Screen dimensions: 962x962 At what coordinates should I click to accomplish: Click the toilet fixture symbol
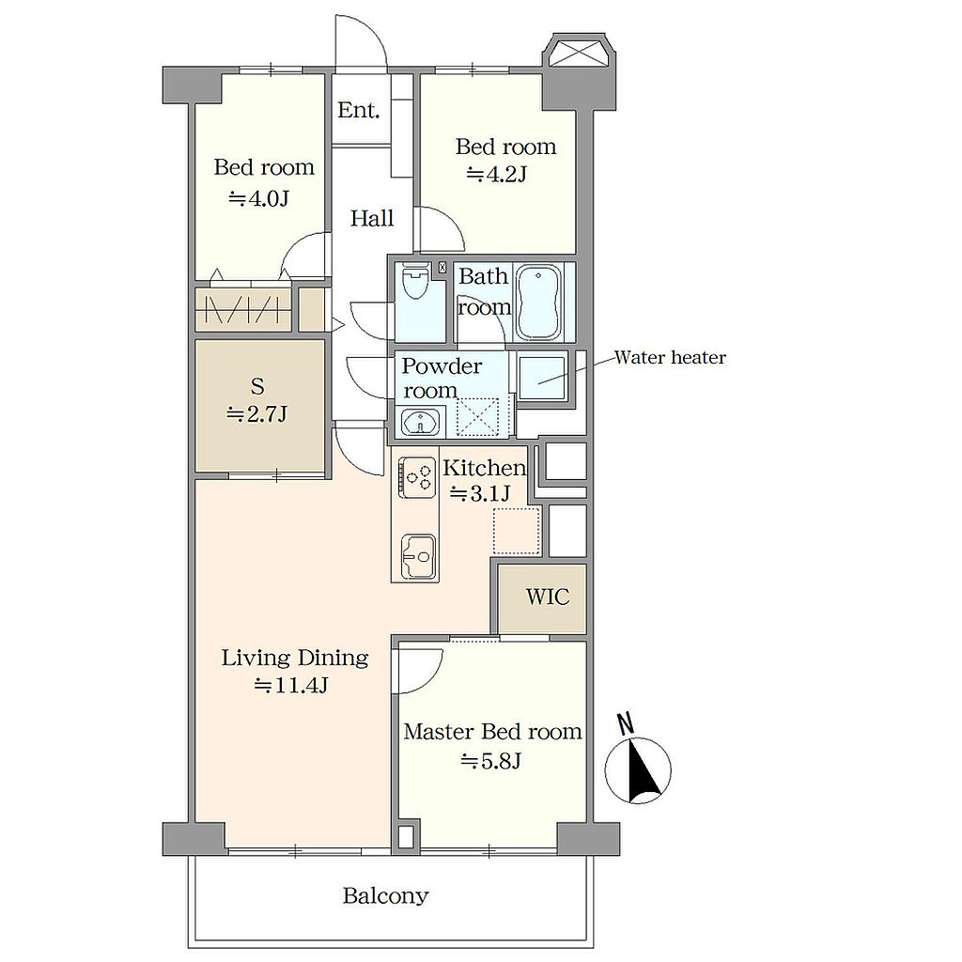coord(415,280)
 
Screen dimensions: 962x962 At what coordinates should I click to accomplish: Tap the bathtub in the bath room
coord(538,302)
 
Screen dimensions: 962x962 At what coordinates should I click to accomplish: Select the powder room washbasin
coord(420,422)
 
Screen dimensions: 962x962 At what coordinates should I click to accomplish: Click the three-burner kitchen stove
coord(417,477)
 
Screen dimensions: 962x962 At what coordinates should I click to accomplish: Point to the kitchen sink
coord(418,555)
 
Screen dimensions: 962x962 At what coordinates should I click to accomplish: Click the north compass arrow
coord(641,770)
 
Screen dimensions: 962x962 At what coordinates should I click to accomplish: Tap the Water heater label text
coord(670,358)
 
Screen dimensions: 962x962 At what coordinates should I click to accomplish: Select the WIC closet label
coord(548,597)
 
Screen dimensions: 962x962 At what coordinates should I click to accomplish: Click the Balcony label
coord(385,895)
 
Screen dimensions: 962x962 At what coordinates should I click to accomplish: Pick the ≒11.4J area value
coord(291,685)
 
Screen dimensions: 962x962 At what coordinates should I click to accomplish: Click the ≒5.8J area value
coord(490,761)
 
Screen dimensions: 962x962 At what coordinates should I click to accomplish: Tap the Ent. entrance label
coord(359,110)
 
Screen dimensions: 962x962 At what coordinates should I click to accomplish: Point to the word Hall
coord(372,218)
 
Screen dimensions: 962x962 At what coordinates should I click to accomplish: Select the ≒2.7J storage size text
coord(257,414)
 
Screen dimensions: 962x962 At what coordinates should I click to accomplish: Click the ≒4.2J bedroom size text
coord(497,175)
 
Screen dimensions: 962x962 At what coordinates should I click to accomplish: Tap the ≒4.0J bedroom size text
coord(259,199)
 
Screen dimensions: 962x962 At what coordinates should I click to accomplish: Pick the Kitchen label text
coord(484,468)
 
